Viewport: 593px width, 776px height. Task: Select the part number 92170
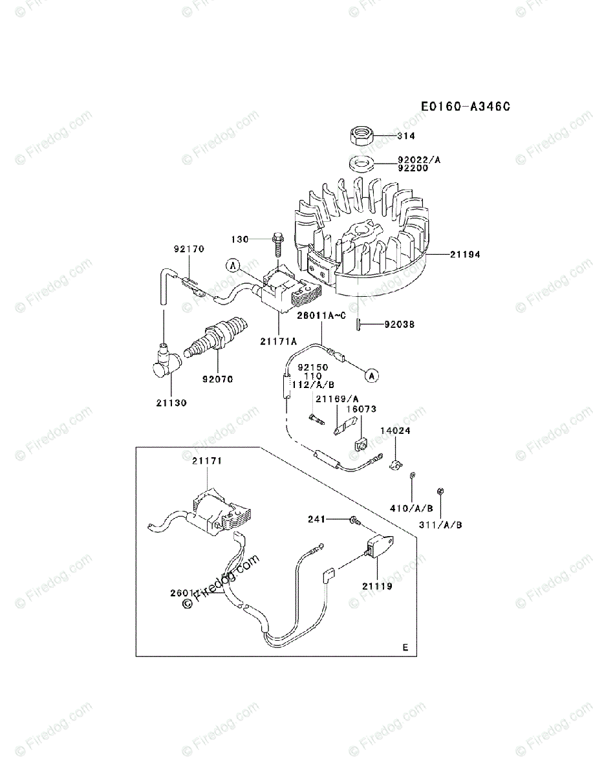coord(188,248)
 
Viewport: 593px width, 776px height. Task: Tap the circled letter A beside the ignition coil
coord(233,264)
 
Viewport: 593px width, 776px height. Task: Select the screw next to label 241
coord(354,520)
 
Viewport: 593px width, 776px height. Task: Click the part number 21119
coord(376,587)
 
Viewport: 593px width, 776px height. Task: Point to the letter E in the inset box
coord(405,647)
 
